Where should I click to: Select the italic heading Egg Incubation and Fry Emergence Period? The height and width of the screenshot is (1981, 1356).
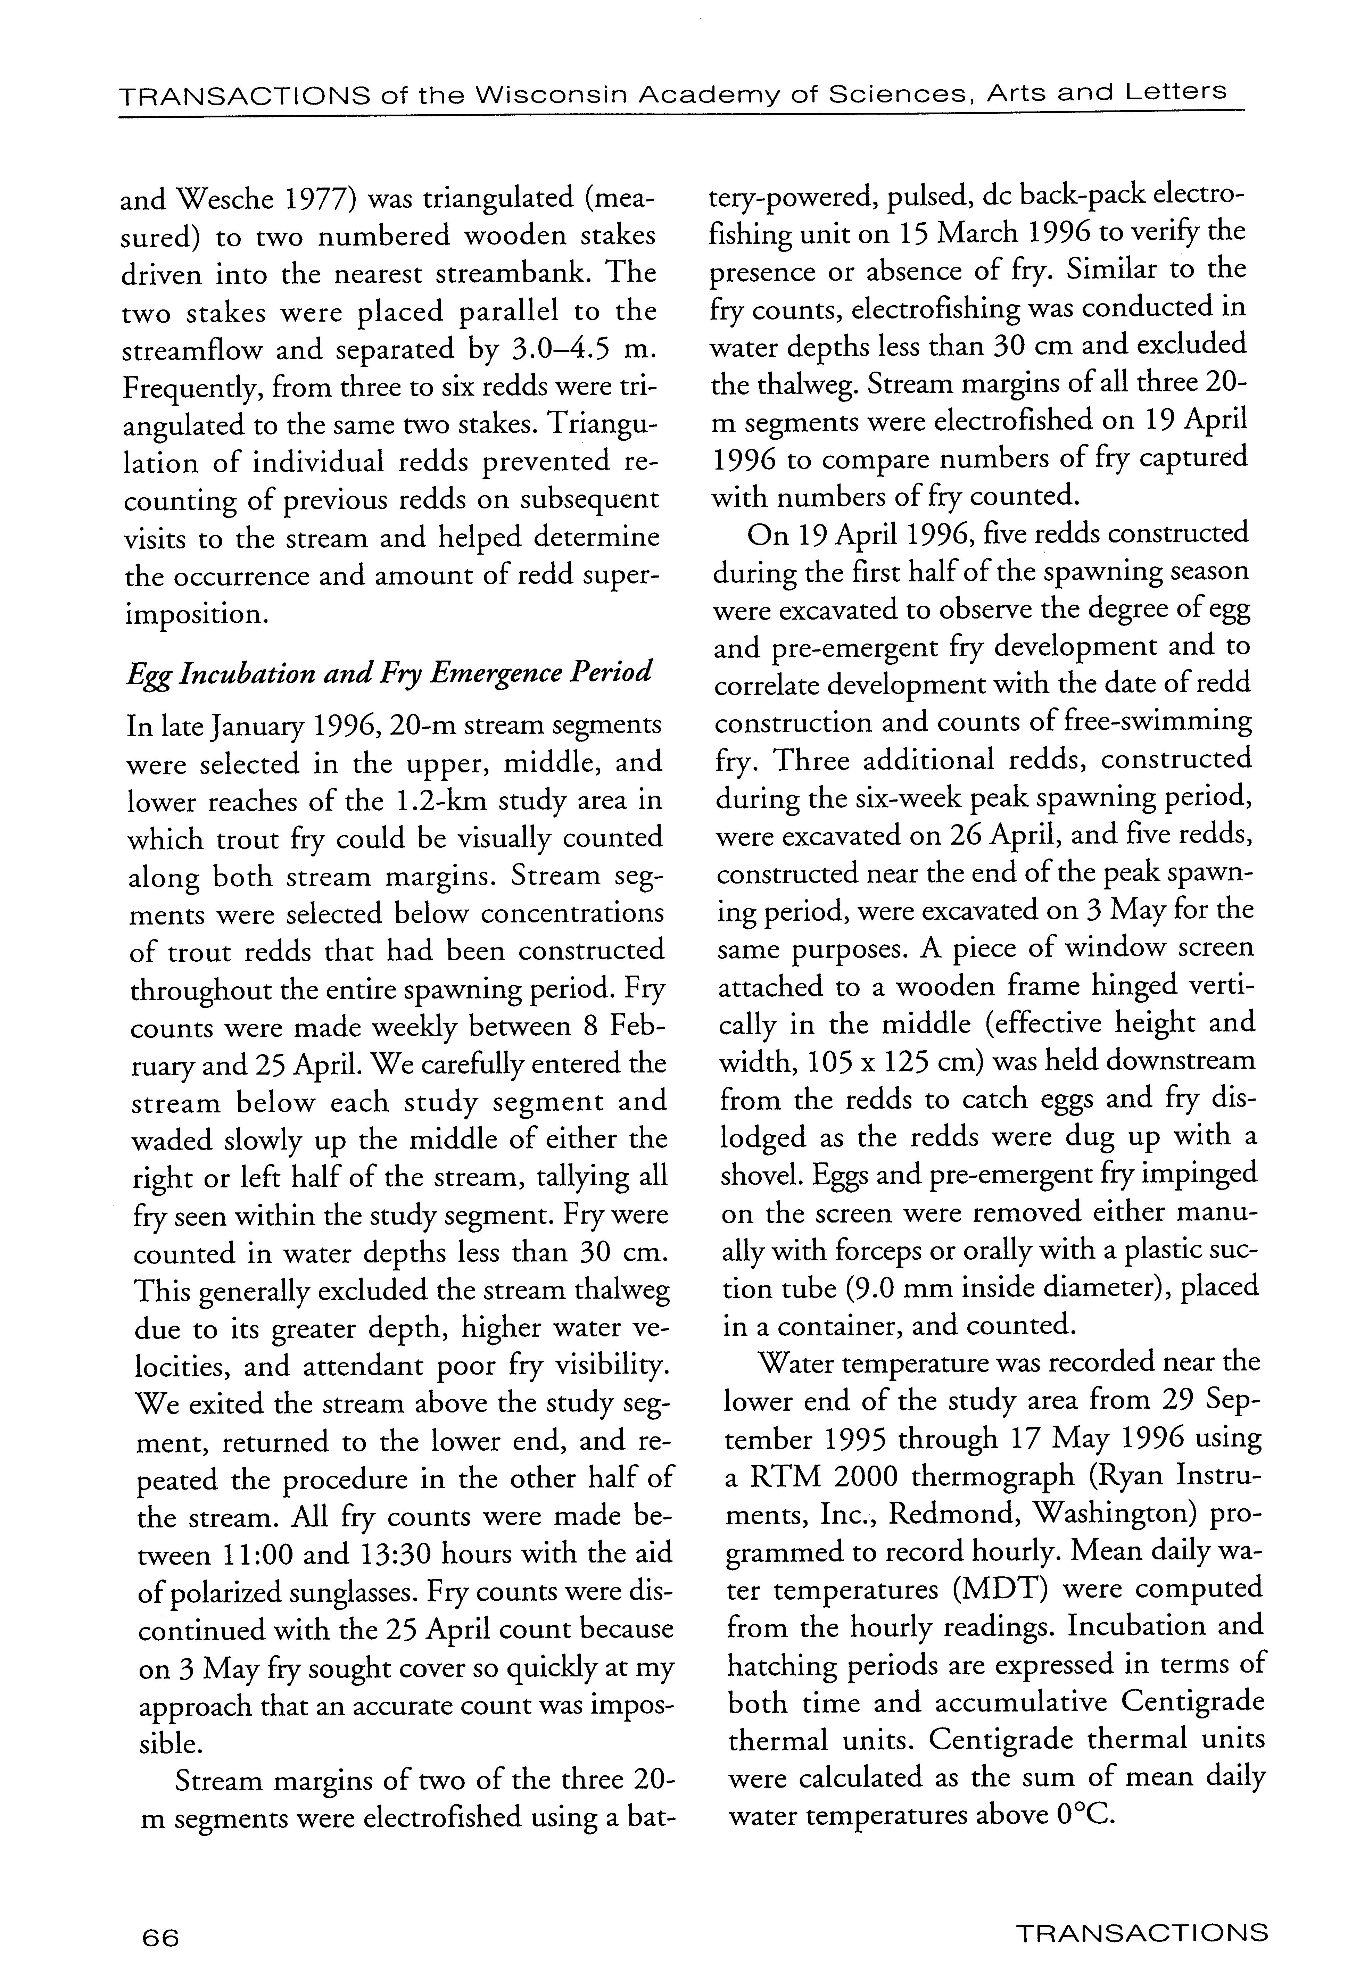tap(389, 673)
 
